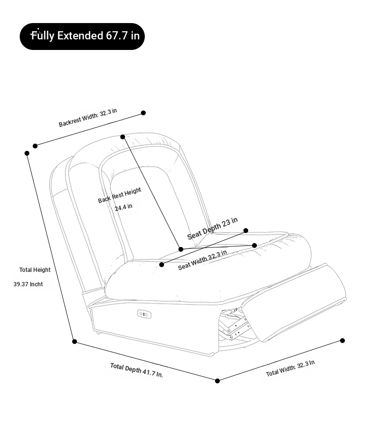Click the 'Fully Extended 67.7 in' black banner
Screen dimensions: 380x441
click(x=82, y=37)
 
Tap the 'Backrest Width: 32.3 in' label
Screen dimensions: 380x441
click(x=88, y=118)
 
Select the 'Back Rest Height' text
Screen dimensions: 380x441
click(x=119, y=195)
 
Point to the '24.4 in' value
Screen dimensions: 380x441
click(x=124, y=207)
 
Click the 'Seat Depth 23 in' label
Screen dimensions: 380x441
click(x=213, y=228)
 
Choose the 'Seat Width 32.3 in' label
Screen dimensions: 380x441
click(x=202, y=260)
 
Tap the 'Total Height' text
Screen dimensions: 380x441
click(x=35, y=269)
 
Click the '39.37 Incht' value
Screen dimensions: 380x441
click(x=28, y=284)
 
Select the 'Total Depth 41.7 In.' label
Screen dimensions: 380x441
click(x=136, y=370)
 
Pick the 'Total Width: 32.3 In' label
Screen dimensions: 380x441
click(x=290, y=368)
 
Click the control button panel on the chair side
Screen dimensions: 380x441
click(x=144, y=314)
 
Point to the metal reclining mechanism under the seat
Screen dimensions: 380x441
click(x=234, y=324)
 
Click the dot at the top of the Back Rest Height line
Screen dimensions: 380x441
click(x=123, y=137)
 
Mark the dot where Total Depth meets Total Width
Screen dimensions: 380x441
click(x=217, y=381)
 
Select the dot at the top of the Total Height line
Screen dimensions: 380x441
click(x=27, y=153)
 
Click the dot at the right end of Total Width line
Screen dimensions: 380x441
click(x=342, y=341)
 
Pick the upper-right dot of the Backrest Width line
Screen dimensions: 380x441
click(x=143, y=113)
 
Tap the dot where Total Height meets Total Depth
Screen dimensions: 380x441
click(x=75, y=342)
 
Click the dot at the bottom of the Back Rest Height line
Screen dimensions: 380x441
click(x=181, y=249)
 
